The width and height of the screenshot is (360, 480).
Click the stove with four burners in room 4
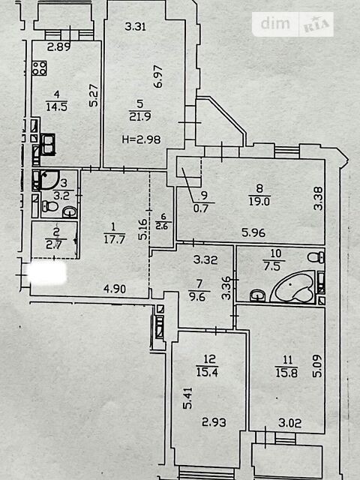[40, 68]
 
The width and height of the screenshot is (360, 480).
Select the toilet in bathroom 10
[316, 257]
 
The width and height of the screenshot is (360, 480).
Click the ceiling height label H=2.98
[142, 139]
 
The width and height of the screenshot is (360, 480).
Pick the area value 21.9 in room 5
[140, 117]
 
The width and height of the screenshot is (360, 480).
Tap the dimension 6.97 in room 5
[158, 76]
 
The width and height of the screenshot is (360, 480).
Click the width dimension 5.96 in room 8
[253, 232]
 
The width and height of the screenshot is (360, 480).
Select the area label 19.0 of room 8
[259, 202]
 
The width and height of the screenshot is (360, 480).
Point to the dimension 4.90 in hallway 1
[115, 289]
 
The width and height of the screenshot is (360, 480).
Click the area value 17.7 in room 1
[114, 239]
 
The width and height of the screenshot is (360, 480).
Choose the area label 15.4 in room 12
[207, 372]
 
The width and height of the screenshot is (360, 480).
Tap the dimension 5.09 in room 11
[317, 366]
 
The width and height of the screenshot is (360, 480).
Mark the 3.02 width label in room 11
[290, 423]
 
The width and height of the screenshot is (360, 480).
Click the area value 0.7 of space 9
[201, 208]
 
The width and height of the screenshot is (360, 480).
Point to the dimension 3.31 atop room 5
[136, 27]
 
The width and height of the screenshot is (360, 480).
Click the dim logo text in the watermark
[275, 23]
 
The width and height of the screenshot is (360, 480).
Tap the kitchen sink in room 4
[48, 145]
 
